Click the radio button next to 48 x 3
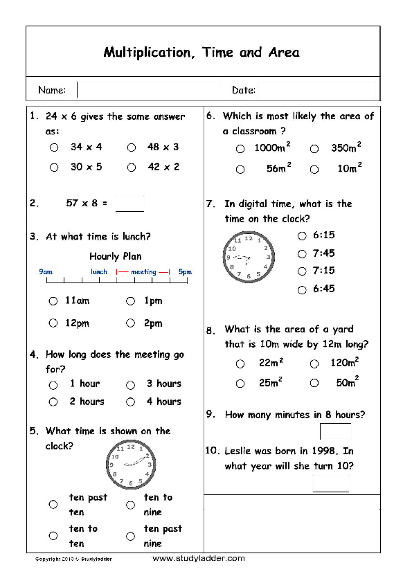tap(131, 147)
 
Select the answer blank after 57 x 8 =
tap(129, 204)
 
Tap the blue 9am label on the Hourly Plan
tap(46, 272)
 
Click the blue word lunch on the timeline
tap(99, 272)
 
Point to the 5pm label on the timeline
tap(184, 272)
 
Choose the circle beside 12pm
tap(53, 323)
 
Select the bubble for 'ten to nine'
tap(130, 505)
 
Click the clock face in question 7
tap(248, 257)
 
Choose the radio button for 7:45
tap(302, 254)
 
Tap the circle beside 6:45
tap(302, 290)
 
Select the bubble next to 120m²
tap(314, 364)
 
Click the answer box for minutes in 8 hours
tap(335, 431)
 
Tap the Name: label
tap(52, 90)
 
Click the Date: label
tap(244, 90)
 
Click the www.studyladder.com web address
tap(198, 558)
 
